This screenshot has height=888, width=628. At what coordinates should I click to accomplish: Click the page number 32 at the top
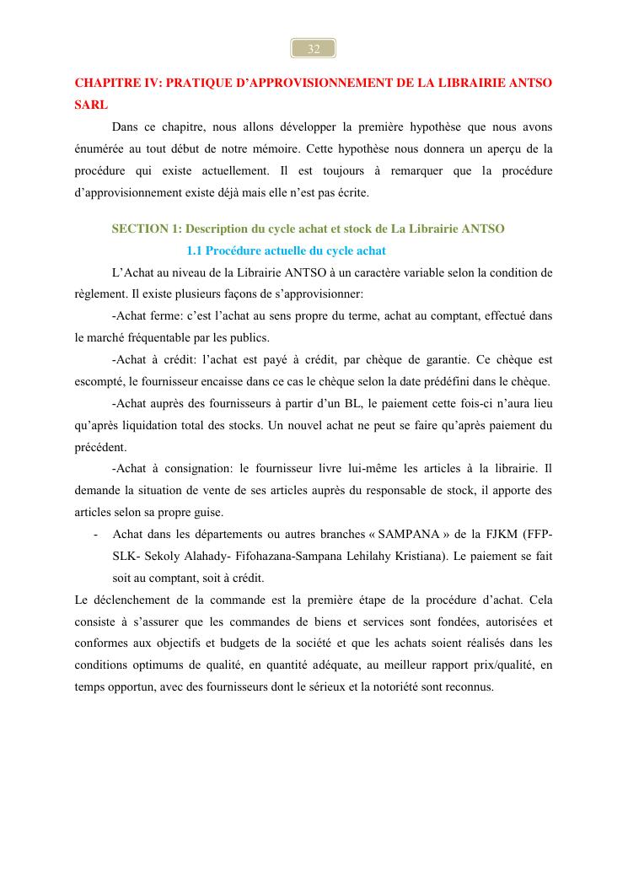[x=314, y=49]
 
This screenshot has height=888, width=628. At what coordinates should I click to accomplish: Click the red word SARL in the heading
[x=92, y=107]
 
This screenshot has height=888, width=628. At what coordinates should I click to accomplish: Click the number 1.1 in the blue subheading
[x=194, y=250]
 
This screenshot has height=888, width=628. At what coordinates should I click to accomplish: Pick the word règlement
[x=96, y=294]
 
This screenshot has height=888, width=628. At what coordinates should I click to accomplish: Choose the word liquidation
[x=167, y=425]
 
